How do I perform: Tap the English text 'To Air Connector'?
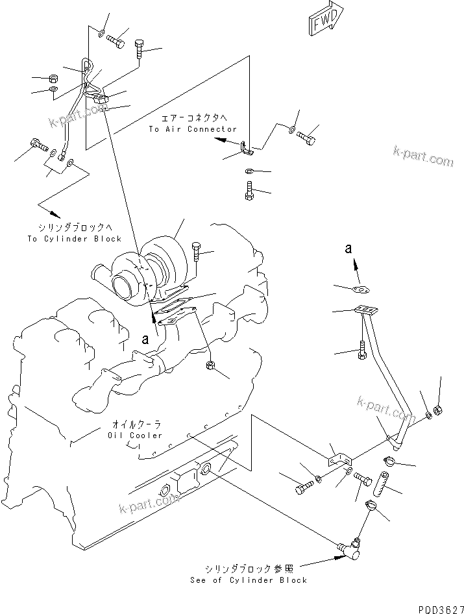(193, 129)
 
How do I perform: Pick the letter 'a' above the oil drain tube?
(348, 248)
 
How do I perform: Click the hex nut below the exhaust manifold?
(211, 366)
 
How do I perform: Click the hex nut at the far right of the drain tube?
(437, 410)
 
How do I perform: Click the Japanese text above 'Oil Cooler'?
(134, 426)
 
